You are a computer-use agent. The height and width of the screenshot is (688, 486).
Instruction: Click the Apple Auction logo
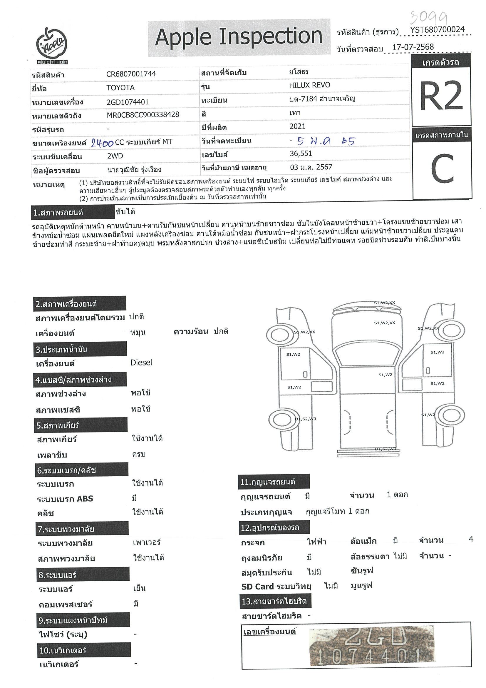pos(52,46)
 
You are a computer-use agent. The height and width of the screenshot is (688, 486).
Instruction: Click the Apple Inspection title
pos(239,37)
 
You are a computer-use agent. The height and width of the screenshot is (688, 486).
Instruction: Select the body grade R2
pos(441,96)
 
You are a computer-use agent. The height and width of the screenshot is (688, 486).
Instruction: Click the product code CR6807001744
pos(131,74)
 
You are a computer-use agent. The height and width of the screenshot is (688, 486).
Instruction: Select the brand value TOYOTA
pos(120,88)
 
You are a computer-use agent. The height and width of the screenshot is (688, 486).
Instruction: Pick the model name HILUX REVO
pos(309,85)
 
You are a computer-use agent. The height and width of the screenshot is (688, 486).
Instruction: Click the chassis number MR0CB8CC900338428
pos(143,115)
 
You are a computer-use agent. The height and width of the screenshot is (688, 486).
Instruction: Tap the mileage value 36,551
pos(301,153)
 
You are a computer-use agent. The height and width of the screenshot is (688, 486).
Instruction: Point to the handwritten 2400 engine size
pos(102,143)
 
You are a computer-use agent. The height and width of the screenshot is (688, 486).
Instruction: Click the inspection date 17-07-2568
pos(413,47)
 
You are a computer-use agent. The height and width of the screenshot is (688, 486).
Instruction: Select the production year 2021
pos(297,126)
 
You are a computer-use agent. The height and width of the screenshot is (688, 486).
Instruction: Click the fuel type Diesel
pos(141,363)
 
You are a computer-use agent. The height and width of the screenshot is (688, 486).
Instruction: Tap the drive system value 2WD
pos(115,156)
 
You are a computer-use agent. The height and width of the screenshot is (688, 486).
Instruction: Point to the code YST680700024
pos(437,30)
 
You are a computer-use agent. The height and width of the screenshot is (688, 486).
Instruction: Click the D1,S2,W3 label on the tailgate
pos(385,449)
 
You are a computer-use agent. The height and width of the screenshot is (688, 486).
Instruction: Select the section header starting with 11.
pos(273,482)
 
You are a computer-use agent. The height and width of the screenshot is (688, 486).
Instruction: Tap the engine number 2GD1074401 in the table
pos(128,102)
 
